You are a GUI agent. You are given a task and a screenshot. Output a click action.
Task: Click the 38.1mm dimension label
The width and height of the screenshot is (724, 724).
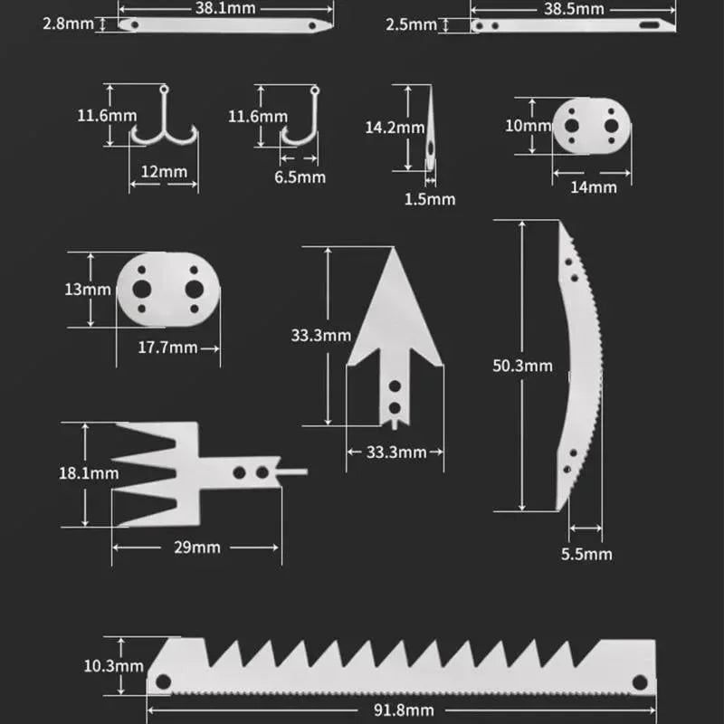[x=224, y=7]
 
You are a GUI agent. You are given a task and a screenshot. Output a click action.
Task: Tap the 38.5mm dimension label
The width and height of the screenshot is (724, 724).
[x=574, y=8]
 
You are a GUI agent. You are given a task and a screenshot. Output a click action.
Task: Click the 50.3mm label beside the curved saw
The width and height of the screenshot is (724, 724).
[x=522, y=366]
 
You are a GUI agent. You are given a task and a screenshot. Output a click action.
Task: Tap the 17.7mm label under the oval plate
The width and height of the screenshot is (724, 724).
[x=167, y=348]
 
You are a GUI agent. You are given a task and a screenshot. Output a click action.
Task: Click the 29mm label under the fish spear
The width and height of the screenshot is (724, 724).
[x=199, y=548]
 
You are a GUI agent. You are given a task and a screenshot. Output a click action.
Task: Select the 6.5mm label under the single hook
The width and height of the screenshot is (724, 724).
[x=300, y=177]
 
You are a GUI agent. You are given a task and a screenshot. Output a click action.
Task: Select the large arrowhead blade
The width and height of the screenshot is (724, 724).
[x=395, y=335]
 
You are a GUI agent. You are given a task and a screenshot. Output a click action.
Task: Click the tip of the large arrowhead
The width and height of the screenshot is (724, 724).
[x=395, y=252]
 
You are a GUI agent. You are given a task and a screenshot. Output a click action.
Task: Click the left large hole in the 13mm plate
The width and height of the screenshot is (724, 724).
[x=142, y=289]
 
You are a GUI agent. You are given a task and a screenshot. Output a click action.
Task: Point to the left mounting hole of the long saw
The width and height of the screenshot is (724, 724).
[x=163, y=681]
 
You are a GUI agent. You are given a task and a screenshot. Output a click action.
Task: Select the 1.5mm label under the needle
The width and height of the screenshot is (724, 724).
[x=430, y=198]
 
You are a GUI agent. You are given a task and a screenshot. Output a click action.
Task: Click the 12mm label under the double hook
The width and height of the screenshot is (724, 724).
[x=165, y=171]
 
